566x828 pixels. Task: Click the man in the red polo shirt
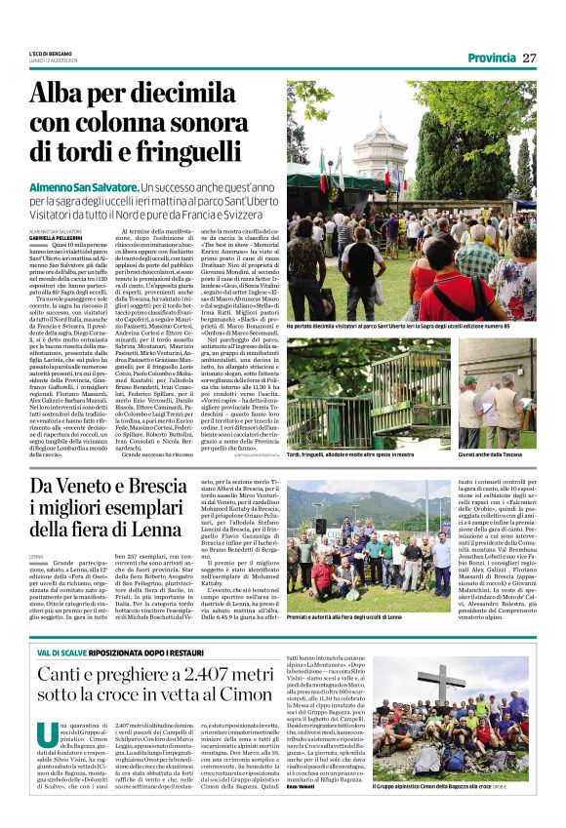click(x=462, y=283)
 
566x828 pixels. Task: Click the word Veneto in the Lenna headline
click(x=96, y=484)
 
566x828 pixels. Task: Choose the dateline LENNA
click(x=36, y=557)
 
